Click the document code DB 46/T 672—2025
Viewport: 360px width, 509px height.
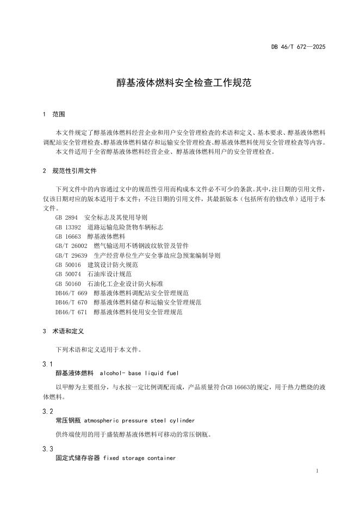[298, 47]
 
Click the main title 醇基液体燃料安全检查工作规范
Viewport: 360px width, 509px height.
[179, 83]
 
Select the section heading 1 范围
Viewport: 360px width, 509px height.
[54, 115]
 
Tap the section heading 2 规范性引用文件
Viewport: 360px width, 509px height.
[70, 170]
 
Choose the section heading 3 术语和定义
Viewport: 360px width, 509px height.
[63, 331]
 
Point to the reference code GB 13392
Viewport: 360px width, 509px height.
[68, 227]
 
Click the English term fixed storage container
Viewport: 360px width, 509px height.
[139, 458]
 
